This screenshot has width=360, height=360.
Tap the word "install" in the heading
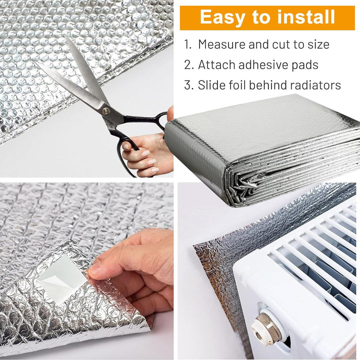(x=306, y=17)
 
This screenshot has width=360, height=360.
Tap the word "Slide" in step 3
(x=211, y=85)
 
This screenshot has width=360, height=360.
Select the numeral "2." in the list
(x=189, y=65)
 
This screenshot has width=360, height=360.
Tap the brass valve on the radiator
(x=266, y=326)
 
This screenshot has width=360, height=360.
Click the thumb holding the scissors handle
(x=170, y=113)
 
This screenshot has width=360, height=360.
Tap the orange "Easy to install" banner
(x=267, y=18)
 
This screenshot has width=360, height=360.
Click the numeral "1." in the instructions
(x=188, y=44)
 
